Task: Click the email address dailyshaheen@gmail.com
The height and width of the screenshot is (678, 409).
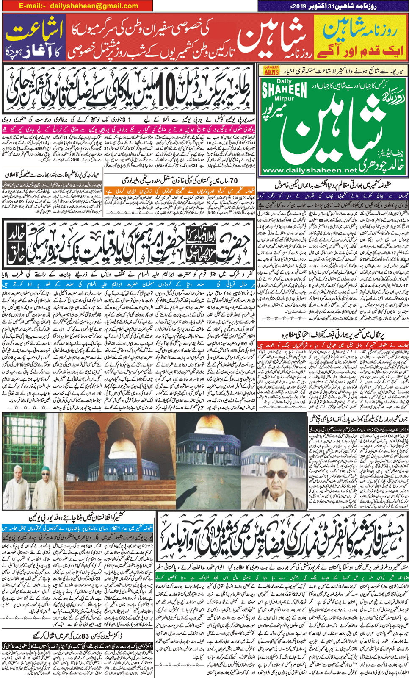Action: pyautogui.click(x=94, y=6)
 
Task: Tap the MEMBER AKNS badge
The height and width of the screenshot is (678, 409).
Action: pyautogui.click(x=271, y=70)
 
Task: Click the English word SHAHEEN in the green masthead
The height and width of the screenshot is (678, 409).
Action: pyautogui.click(x=284, y=90)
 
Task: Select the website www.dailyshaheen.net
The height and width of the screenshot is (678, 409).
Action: pyautogui.click(x=310, y=170)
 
